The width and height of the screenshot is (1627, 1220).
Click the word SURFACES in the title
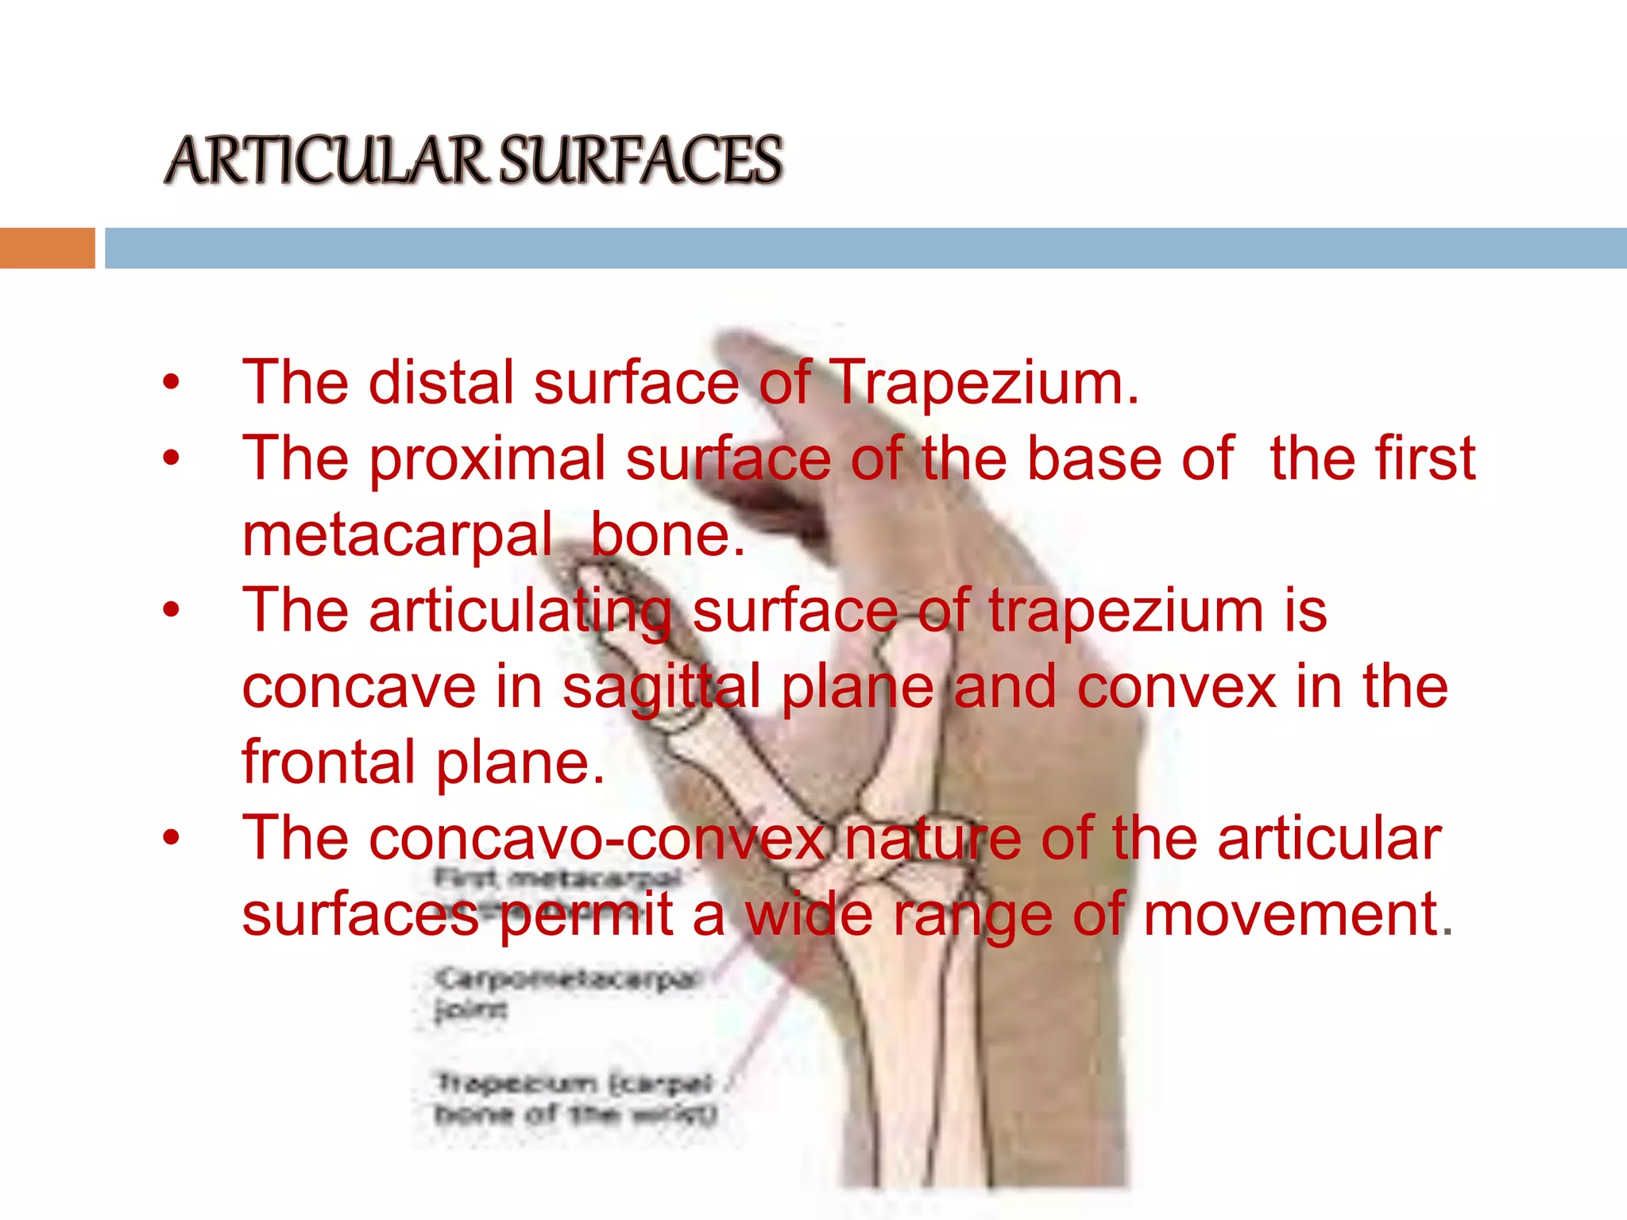641,161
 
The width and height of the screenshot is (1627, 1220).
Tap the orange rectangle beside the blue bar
47,248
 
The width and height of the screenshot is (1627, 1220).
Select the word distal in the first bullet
441,384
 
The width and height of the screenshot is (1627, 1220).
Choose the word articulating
520,612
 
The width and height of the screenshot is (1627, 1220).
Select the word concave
358,687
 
